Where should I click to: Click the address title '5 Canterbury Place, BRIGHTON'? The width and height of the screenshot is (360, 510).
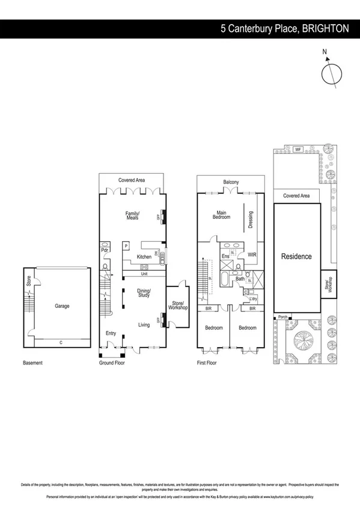(x=284, y=28)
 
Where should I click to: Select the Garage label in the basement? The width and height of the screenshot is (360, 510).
(x=62, y=306)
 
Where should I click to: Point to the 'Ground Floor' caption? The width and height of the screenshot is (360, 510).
(x=112, y=363)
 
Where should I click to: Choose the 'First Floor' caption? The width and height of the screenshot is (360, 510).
(x=209, y=363)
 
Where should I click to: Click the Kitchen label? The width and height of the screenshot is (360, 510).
(x=144, y=257)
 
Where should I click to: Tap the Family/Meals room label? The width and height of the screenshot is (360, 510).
(x=132, y=215)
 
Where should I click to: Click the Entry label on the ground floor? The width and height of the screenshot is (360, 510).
(x=111, y=333)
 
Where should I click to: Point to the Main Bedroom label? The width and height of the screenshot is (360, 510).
(x=222, y=215)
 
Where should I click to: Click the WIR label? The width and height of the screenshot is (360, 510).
(x=252, y=255)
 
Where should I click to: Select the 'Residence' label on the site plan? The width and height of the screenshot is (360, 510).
(x=297, y=256)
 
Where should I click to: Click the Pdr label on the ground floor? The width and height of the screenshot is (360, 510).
(x=105, y=250)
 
